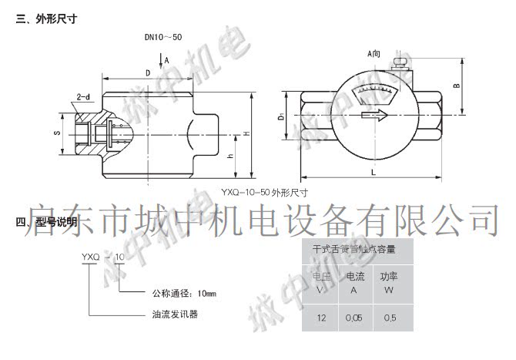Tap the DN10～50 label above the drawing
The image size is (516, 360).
coord(163,37)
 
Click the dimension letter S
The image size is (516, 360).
coord(56,133)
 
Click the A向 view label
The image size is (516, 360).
coord(374,53)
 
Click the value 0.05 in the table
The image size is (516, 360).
coord(353,318)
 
